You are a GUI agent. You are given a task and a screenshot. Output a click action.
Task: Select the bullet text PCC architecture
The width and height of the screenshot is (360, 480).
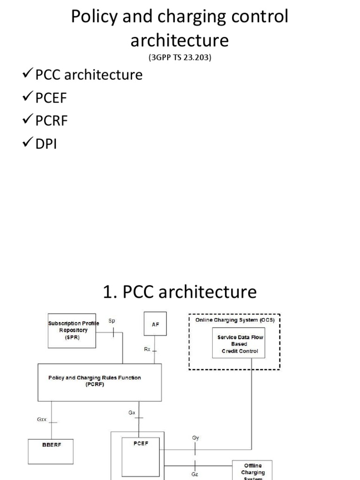point(89,75)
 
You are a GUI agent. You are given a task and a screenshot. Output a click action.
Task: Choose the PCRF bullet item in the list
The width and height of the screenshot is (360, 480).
point(52,120)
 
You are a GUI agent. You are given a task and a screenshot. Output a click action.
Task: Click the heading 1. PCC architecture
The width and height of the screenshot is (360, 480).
point(180,292)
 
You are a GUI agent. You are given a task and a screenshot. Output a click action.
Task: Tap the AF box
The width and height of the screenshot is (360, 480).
point(155,324)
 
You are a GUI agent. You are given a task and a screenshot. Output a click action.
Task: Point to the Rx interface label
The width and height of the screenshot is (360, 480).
point(147,349)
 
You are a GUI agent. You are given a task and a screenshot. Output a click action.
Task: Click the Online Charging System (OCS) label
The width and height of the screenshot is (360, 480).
point(234,320)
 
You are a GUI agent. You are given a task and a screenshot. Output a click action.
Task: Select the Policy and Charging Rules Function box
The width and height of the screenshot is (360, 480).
point(99,381)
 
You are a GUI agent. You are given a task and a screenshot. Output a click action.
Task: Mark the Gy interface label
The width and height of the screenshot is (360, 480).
point(195,437)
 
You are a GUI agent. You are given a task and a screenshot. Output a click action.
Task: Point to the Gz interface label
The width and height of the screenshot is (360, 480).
point(195,474)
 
